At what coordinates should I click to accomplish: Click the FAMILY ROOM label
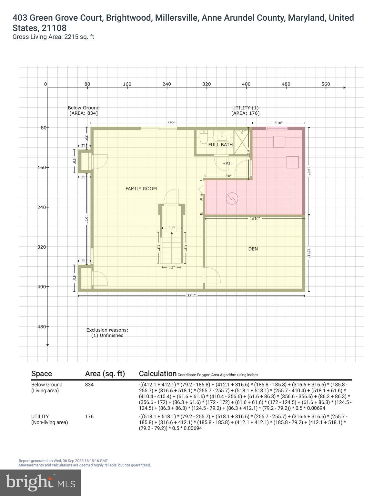[x=141, y=189]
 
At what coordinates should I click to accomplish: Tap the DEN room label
[x=253, y=249]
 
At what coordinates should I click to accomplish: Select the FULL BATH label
[x=220, y=145]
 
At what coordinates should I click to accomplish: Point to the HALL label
[x=228, y=164]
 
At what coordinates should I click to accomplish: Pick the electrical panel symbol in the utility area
[x=232, y=198]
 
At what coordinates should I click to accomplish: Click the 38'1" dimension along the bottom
[x=191, y=295]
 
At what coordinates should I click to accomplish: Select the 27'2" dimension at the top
[x=171, y=123]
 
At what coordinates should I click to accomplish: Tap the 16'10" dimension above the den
[x=255, y=219]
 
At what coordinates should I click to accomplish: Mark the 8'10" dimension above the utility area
[x=278, y=123]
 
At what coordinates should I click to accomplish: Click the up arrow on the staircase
[x=172, y=233]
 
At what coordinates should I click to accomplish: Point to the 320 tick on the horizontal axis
[x=207, y=84]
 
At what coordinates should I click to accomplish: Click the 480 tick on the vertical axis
[x=42, y=326]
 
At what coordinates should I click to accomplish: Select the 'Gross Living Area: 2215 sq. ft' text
[x=53, y=37]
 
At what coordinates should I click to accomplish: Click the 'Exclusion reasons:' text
[x=107, y=330]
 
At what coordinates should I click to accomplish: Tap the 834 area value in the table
[x=89, y=385]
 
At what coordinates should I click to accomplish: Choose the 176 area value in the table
[x=89, y=417]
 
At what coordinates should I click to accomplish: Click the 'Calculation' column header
[x=158, y=374]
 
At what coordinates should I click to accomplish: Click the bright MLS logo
[x=40, y=482]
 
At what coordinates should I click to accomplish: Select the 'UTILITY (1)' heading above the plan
[x=245, y=108]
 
